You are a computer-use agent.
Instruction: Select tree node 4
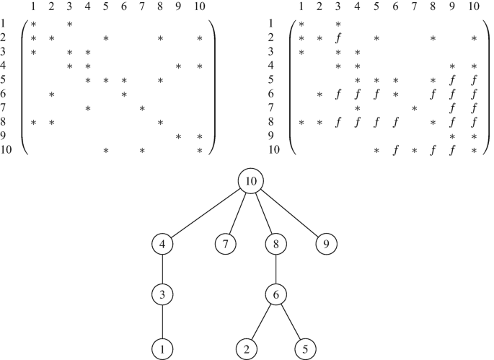pyautogui.click(x=164, y=244)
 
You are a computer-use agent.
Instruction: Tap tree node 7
pyautogui.click(x=226, y=244)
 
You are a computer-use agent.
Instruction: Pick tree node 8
pyautogui.click(x=277, y=244)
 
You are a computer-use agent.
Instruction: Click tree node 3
pyautogui.click(x=164, y=295)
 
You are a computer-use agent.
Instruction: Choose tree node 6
pyautogui.click(x=277, y=295)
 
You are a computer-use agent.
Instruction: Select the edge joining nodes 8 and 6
pyautogui.click(x=277, y=269)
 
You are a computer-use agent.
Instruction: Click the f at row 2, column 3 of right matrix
pyautogui.click(x=338, y=38)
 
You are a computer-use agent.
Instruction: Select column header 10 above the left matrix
pyautogui.click(x=199, y=7)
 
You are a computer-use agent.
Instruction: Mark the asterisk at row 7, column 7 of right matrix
pyautogui.click(x=413, y=108)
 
